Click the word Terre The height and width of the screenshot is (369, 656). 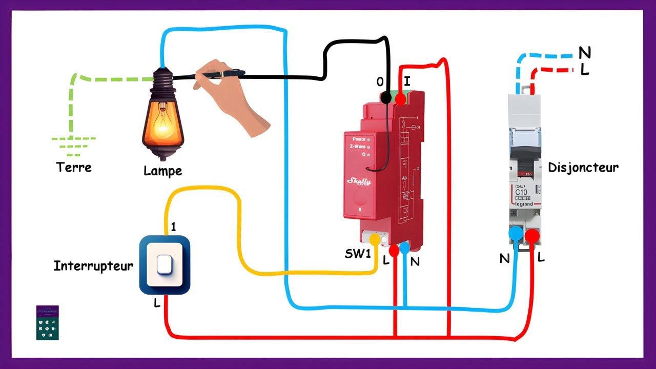pyautogui.click(x=74, y=167)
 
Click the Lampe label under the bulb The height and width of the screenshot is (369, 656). pyautogui.click(x=162, y=171)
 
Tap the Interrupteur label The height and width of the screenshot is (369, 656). pyautogui.click(x=93, y=266)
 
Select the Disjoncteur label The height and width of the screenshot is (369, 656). pyautogui.click(x=583, y=168)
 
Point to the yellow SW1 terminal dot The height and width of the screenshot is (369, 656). pyautogui.click(x=375, y=239)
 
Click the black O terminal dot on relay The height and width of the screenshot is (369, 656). pyautogui.click(x=386, y=97)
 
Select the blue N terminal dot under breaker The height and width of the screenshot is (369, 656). pyautogui.click(x=516, y=234)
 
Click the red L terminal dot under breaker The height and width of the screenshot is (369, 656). pyautogui.click(x=532, y=236)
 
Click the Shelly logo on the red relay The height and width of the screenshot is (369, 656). pyautogui.click(x=359, y=181)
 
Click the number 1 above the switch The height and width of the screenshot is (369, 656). pyautogui.click(x=173, y=227)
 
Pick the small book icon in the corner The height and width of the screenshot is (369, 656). pyautogui.click(x=48, y=323)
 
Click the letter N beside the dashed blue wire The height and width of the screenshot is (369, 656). pyautogui.click(x=584, y=52)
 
